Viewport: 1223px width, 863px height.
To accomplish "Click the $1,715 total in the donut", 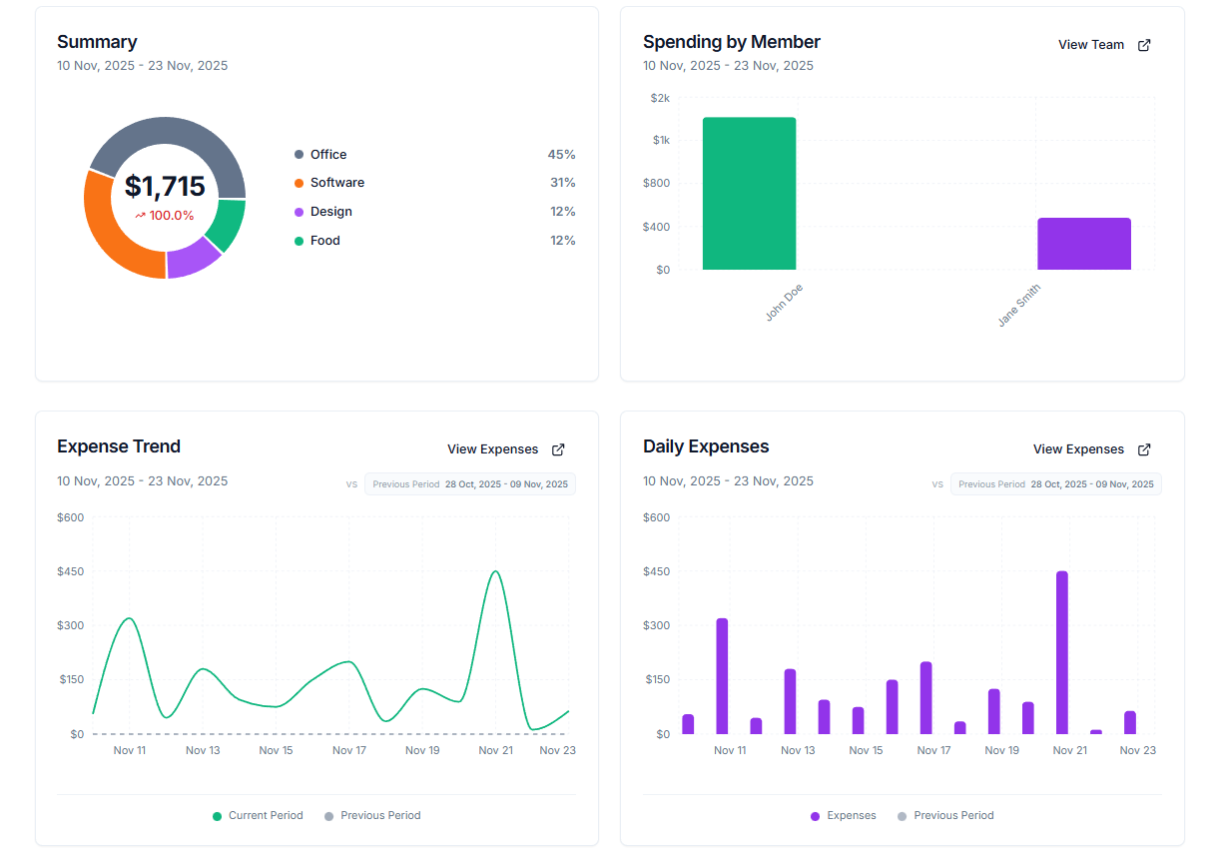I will coord(165,187).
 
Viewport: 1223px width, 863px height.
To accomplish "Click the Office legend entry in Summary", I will coord(327,155).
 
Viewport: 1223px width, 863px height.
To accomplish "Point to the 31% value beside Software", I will coord(562,183).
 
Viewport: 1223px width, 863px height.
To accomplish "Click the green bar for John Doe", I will coord(749,194).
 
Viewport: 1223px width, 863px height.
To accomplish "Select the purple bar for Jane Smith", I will coord(1083,244).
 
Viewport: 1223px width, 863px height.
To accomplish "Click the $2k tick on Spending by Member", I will coord(660,98).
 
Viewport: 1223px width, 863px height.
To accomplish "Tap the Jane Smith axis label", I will coord(1019,306).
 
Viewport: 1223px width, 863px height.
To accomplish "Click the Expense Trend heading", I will coord(119,446).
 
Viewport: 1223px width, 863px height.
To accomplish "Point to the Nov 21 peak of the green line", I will coord(495,572).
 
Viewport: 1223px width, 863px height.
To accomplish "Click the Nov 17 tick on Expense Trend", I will coord(349,750).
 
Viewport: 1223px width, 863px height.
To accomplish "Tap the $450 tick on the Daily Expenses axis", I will coord(656,571).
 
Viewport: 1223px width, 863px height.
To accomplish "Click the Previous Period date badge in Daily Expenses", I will coord(1055,484).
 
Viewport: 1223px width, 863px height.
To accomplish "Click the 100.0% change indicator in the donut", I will coord(165,216).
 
